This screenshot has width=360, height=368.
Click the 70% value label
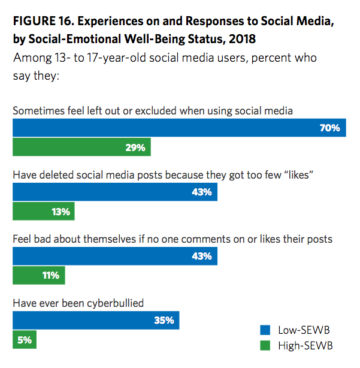[330, 128]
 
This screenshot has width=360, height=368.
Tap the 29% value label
[135, 147]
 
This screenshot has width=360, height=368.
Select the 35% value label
[164, 321]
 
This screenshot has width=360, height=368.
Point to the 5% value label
[24, 340]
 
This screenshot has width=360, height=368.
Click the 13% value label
[60, 212]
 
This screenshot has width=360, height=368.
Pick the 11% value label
[50, 276]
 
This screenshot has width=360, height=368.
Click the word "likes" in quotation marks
[298, 175]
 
